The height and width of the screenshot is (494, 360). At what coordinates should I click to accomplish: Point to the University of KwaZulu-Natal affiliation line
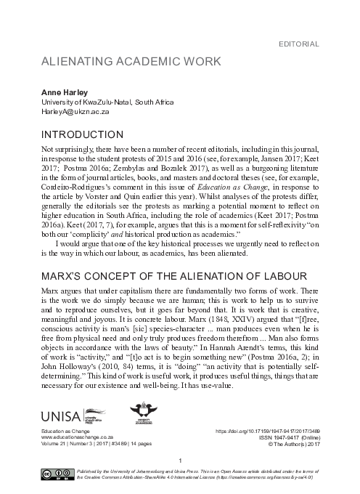point(109,103)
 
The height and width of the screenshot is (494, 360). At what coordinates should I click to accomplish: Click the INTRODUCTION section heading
point(81,135)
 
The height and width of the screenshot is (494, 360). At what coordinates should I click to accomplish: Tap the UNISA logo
point(62,415)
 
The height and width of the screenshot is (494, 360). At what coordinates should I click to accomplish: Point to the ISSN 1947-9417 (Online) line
point(295,438)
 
